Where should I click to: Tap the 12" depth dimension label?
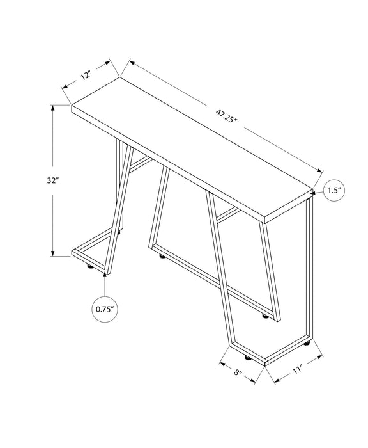click(x=84, y=75)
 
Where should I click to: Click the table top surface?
click(x=192, y=147)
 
